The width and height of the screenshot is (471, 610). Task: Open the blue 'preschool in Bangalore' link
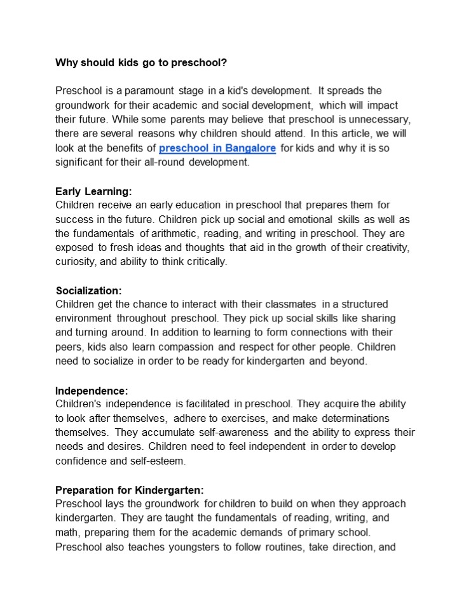[217, 148]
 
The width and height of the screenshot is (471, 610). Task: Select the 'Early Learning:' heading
[93, 191]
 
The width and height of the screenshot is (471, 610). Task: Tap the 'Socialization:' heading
[88, 290]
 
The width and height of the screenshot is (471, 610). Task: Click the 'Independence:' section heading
[92, 390]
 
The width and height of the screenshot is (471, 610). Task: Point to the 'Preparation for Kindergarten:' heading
[129, 490]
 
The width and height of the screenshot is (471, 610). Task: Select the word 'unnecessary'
[383, 119]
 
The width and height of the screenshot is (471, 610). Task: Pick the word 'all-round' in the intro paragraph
[187, 163]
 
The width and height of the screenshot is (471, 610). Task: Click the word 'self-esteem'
[158, 461]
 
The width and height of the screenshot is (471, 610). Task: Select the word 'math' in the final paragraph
[67, 532]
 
